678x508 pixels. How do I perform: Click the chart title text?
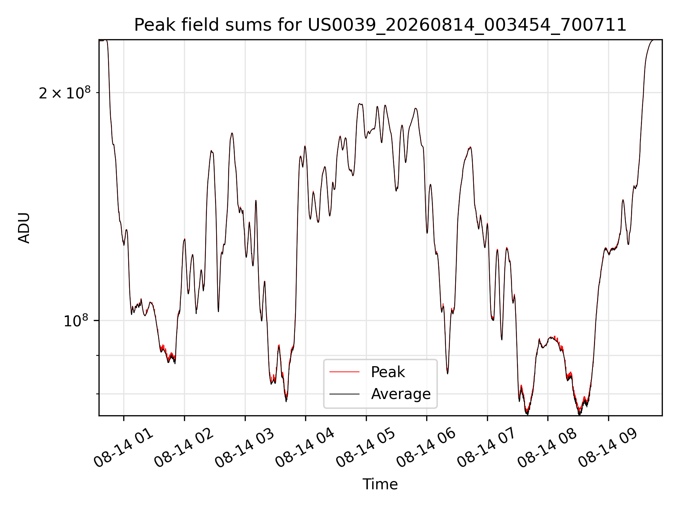click(380, 25)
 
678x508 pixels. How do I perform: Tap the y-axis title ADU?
click(24, 228)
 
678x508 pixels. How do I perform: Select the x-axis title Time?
click(380, 484)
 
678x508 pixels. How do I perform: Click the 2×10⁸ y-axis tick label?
click(65, 93)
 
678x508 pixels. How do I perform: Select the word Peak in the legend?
click(388, 372)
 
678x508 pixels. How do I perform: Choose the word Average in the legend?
click(401, 394)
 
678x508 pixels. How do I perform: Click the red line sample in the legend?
click(344, 372)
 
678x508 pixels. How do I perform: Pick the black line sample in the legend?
click(344, 394)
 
